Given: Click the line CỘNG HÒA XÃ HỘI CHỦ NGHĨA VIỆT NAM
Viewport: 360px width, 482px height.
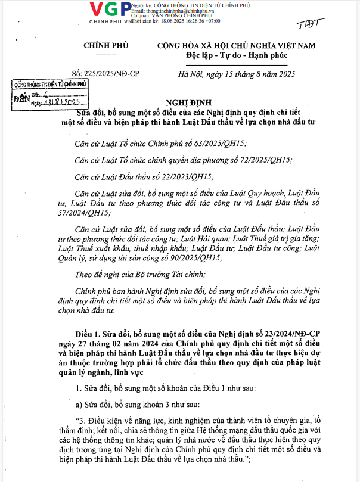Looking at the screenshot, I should [236, 46].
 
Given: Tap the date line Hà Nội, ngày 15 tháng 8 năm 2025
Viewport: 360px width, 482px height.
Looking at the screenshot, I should [237, 74].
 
